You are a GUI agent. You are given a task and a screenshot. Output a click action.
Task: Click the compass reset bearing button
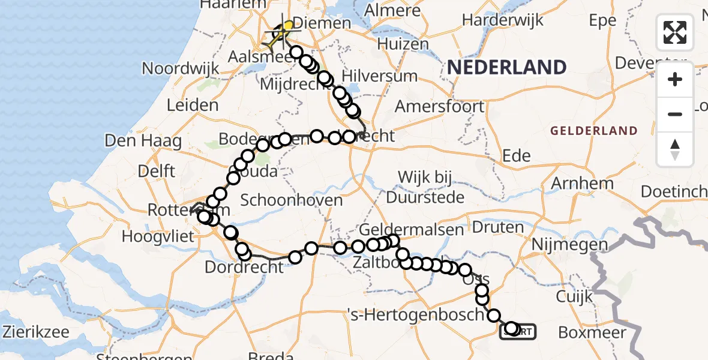point(675,149)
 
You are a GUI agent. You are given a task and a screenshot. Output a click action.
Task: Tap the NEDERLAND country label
point(506,67)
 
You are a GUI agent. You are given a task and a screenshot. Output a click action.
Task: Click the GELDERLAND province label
point(593,130)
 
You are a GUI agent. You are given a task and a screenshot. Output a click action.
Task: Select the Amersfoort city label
point(439,107)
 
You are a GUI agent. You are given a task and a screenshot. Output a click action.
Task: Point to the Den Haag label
point(143,141)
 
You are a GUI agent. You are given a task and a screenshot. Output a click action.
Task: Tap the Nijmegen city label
point(570,244)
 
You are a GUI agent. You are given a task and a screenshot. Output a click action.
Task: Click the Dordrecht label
point(244,266)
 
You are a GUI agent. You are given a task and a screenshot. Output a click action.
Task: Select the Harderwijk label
point(503,19)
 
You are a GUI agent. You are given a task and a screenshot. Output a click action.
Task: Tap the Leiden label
point(193,106)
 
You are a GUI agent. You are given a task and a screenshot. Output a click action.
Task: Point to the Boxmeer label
point(592,332)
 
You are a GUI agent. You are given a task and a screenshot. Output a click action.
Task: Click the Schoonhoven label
point(293,200)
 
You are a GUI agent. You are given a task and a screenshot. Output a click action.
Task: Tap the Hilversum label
point(379,76)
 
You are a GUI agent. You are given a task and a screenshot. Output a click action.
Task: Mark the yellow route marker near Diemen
point(289,25)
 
